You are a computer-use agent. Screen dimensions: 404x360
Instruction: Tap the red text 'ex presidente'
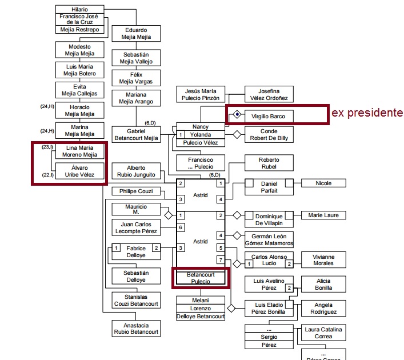pos(367,113)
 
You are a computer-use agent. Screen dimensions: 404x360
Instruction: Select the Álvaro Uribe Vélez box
pos(79,170)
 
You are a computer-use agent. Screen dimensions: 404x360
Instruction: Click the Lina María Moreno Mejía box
pos(79,151)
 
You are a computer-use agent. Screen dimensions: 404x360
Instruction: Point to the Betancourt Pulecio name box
pos(200,278)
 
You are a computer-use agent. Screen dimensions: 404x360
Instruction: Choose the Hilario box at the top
pos(80,9)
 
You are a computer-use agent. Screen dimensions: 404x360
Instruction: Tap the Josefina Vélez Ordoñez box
pos(269,94)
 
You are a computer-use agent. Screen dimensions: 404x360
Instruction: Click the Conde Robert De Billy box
pos(269,135)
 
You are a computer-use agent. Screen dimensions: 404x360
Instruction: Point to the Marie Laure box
pos(323,215)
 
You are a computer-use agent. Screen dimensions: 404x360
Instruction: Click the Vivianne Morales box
pos(324,261)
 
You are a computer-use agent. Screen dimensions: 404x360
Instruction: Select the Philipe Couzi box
pos(135,191)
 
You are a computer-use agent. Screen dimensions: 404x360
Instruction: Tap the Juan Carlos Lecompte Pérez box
pos(135,227)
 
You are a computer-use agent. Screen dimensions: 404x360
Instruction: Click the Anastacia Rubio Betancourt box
pos(135,329)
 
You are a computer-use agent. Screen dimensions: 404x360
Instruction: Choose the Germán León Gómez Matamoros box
pos(269,239)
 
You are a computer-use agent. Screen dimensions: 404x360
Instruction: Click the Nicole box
pos(323,183)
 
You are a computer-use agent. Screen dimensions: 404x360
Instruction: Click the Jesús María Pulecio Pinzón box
pos(201,94)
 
